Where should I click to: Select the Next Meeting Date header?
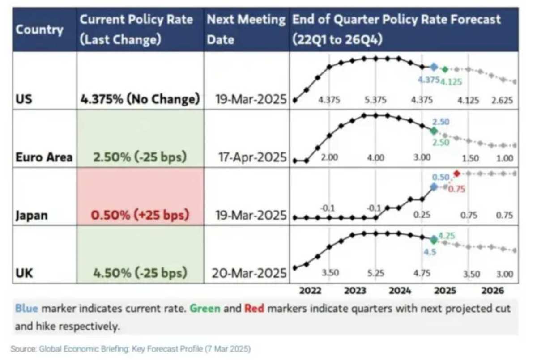tap(246, 30)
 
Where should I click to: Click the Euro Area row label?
tap(43, 157)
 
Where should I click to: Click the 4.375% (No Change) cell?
tap(140, 99)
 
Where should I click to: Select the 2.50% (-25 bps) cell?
tap(140, 157)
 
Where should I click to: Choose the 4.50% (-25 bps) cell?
tap(140, 273)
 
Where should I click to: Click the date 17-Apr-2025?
tap(247, 157)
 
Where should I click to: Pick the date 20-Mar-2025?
tap(247, 273)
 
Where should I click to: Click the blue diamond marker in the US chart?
tap(433, 67)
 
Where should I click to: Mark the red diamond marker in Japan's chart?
tap(456, 174)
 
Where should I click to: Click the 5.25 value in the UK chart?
tap(375, 274)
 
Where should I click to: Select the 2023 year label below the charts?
tap(355, 291)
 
